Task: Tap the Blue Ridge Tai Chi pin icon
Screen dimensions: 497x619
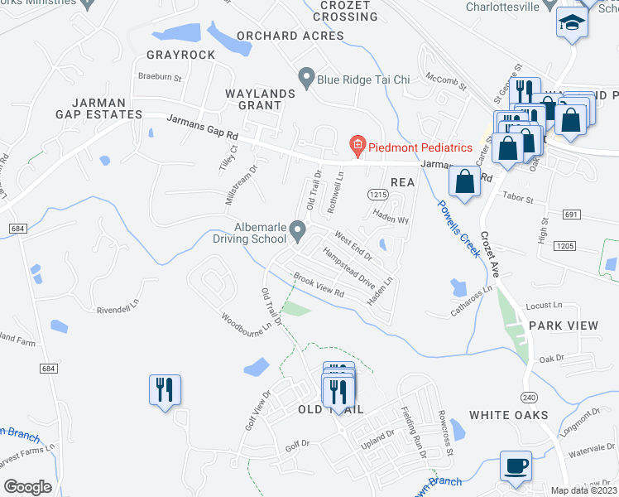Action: [x=306, y=80]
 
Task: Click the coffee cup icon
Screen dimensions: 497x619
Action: [x=516, y=466]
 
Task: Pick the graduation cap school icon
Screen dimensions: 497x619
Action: [x=571, y=22]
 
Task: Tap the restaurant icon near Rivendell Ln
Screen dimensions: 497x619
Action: [x=164, y=388]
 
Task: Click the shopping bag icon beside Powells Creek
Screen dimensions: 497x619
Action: [x=465, y=182]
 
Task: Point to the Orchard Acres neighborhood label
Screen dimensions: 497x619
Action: [x=290, y=36]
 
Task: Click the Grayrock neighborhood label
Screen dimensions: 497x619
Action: [x=180, y=55]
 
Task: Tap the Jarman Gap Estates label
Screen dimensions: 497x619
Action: [x=98, y=108]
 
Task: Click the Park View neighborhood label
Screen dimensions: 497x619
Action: [x=563, y=326]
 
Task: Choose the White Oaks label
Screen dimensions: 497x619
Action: [x=508, y=414]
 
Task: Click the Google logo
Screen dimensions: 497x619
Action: [x=27, y=487]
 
